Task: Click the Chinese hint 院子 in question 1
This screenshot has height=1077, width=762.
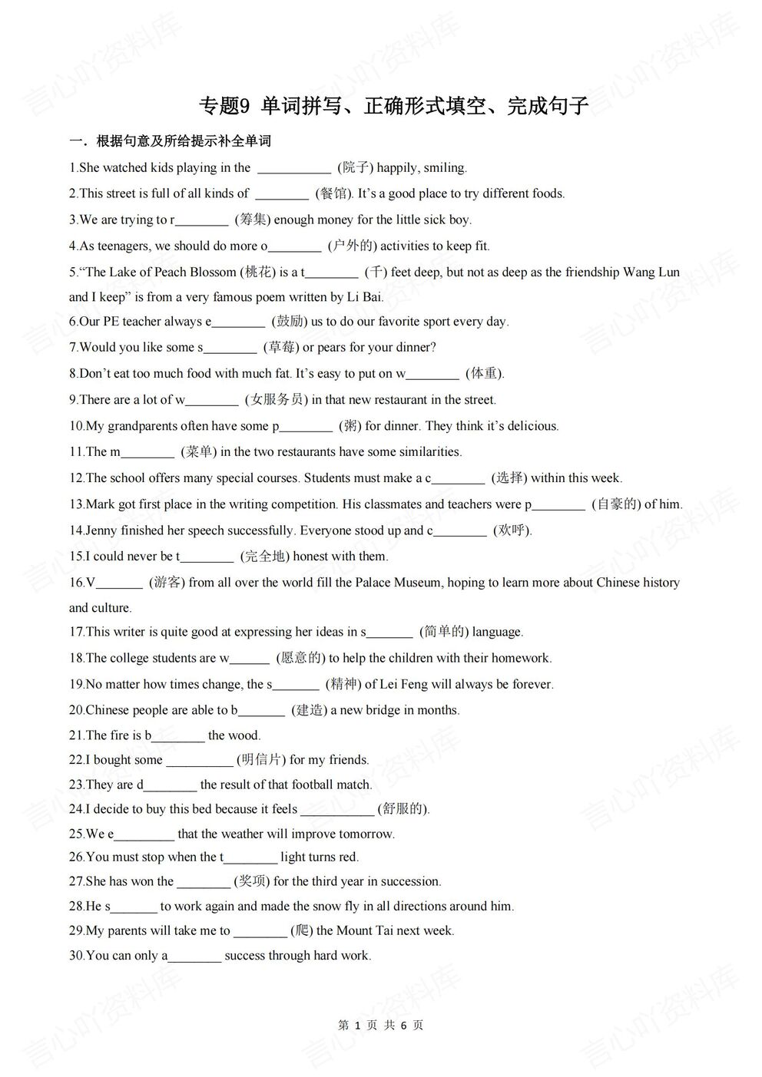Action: click(x=355, y=167)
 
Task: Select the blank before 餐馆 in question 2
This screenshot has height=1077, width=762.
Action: click(x=281, y=193)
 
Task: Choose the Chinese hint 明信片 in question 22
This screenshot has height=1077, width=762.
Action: click(x=260, y=759)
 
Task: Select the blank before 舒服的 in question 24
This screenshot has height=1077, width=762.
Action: click(x=336, y=809)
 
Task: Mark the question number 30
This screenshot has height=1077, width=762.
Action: click(x=77, y=956)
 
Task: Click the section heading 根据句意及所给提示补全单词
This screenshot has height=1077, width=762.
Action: click(x=184, y=141)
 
